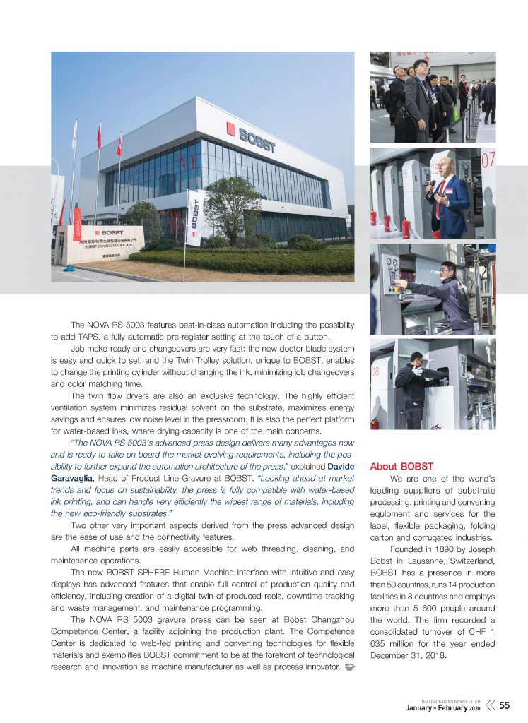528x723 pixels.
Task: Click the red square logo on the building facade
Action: [x=230, y=128]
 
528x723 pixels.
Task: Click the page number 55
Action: [x=505, y=705]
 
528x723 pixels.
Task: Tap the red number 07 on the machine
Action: [x=488, y=160]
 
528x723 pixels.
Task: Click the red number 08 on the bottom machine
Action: [x=375, y=370]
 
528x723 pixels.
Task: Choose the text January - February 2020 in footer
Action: [x=442, y=707]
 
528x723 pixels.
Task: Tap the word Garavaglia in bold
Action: [x=74, y=479]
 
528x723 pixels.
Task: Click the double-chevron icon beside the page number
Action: [x=490, y=705]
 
